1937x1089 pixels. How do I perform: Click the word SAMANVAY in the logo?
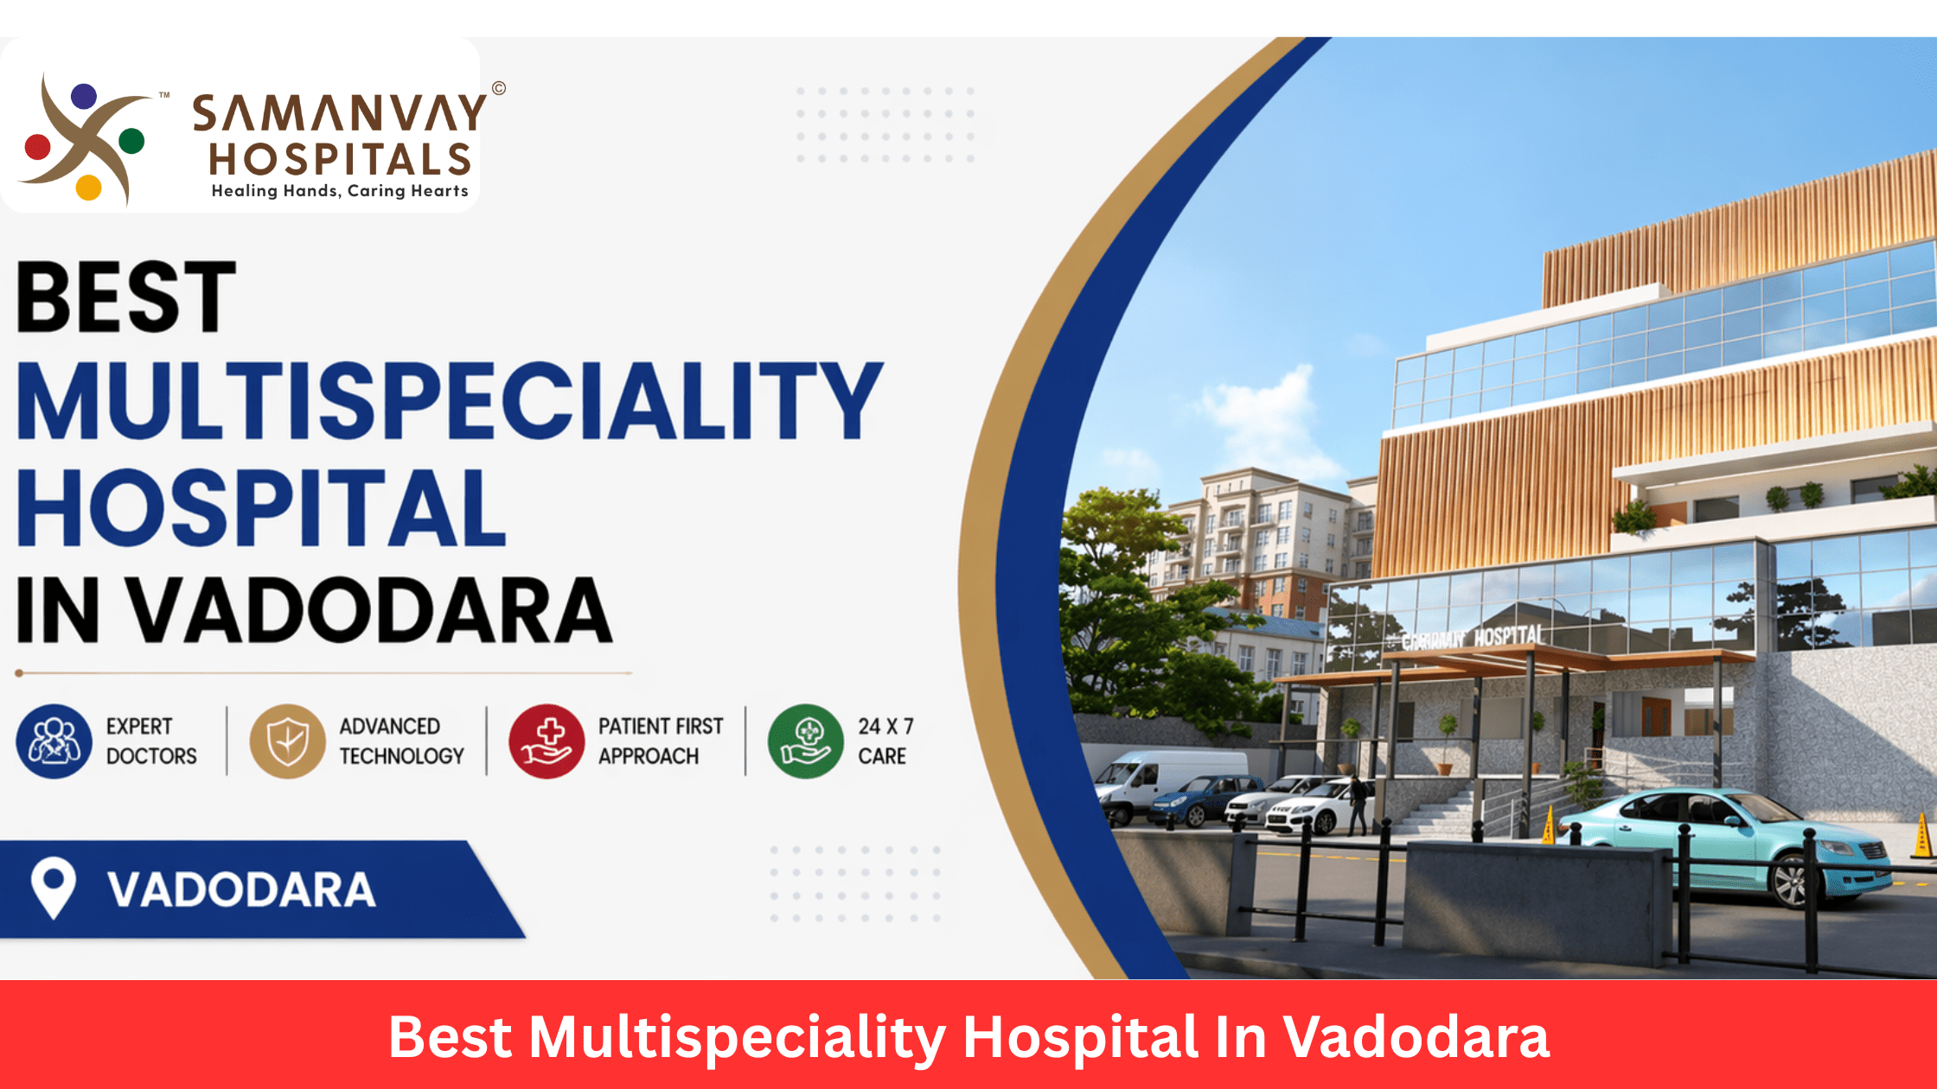click(x=339, y=113)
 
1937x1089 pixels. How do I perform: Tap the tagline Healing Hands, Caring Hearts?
click(x=340, y=191)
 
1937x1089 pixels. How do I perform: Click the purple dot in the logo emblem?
click(x=84, y=96)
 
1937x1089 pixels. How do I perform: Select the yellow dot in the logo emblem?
click(x=88, y=188)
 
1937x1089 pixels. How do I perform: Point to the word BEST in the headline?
click(x=126, y=297)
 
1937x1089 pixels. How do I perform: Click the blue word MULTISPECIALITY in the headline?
click(x=450, y=401)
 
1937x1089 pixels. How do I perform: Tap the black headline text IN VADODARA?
click(x=315, y=611)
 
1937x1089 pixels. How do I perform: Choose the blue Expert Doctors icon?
click(x=54, y=742)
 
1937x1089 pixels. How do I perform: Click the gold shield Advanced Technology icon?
click(x=287, y=742)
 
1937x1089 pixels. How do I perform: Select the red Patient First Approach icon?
click(x=547, y=742)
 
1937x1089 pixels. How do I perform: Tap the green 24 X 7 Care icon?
click(x=805, y=742)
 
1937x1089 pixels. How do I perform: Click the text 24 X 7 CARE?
click(x=885, y=742)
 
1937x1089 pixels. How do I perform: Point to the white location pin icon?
click(x=53, y=887)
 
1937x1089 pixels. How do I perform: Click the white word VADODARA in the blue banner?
click(x=242, y=890)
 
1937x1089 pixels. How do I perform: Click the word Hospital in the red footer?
click(x=1081, y=1036)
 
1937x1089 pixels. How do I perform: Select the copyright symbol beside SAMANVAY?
click(x=499, y=88)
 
